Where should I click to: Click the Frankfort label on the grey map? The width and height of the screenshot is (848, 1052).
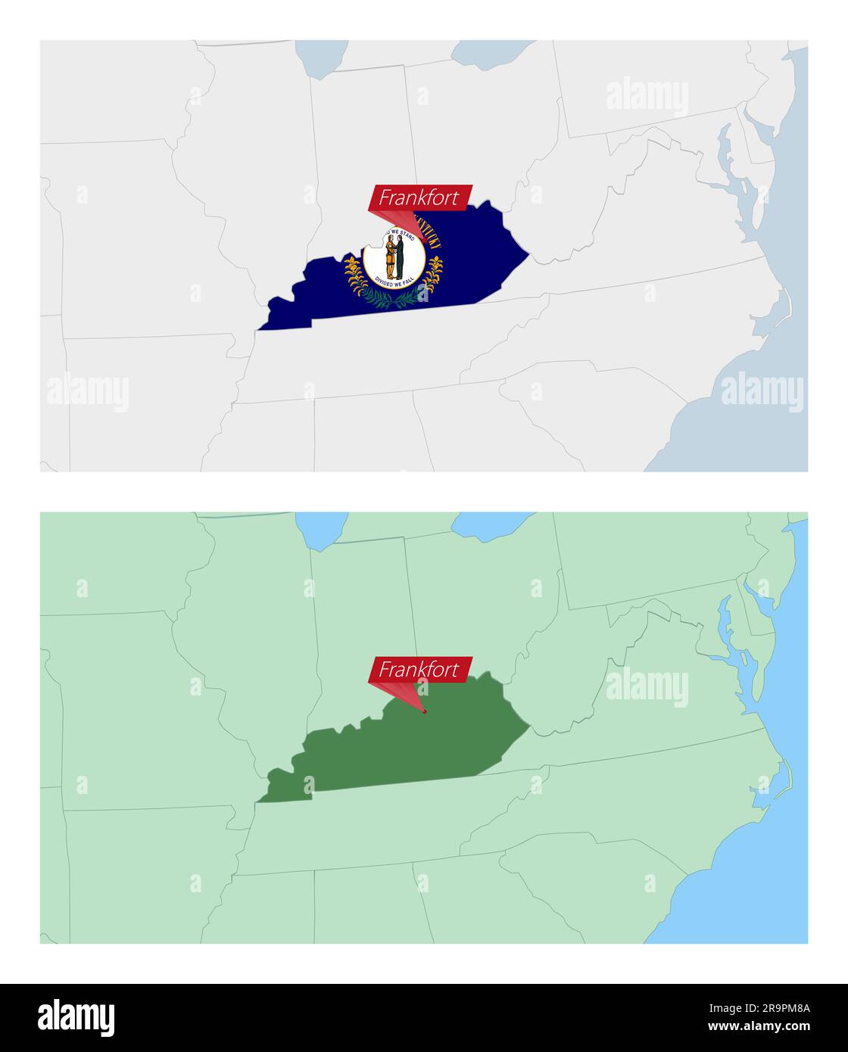coord(419,198)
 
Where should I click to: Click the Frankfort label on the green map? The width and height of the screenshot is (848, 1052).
coord(419,669)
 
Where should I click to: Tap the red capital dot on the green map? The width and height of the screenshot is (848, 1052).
coord(425,711)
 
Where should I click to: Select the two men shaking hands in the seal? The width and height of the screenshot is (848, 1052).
coord(394,257)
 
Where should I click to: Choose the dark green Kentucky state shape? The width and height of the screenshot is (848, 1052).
coord(409,745)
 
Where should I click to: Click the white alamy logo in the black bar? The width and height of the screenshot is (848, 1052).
coord(76,1018)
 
